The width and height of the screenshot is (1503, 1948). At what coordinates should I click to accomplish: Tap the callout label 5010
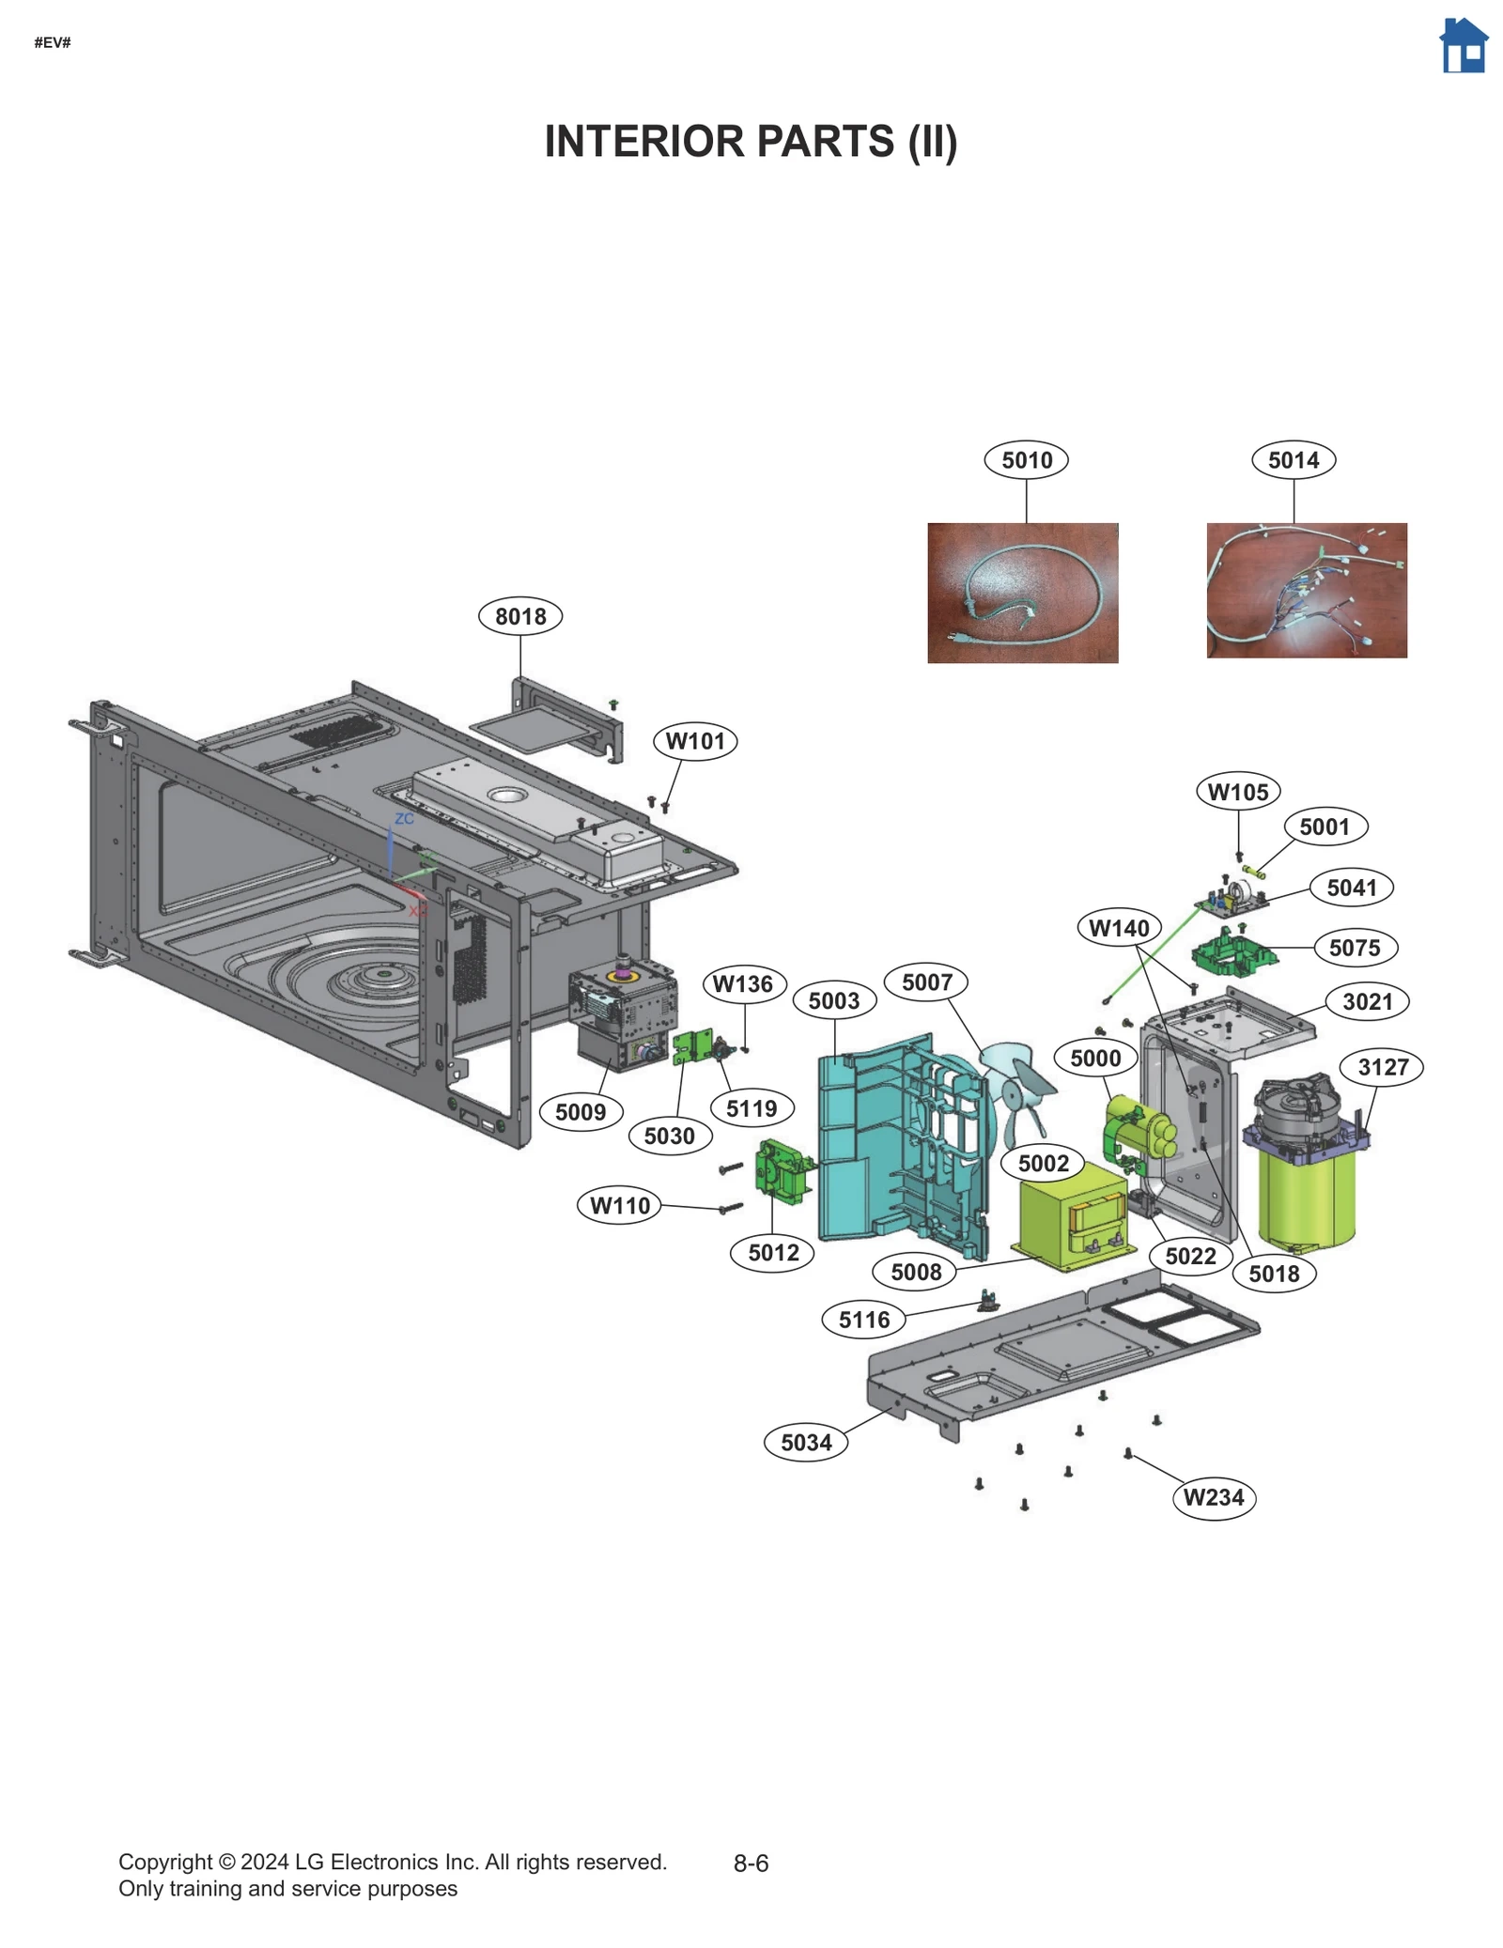pos(1026,460)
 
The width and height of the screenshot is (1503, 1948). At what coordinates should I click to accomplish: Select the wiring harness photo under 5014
pos(1306,590)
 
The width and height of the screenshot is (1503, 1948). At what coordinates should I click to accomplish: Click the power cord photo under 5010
pos(1022,593)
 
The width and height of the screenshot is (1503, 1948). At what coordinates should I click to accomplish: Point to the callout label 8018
pos(520,616)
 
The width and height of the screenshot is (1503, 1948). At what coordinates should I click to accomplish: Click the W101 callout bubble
pos(695,741)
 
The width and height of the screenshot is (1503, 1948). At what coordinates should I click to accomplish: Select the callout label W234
pos(1214,1497)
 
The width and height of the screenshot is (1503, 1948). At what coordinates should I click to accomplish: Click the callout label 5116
pos(863,1320)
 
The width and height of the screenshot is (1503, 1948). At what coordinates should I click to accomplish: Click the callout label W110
pos(619,1205)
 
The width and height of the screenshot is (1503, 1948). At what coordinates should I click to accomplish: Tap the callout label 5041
pos(1351,888)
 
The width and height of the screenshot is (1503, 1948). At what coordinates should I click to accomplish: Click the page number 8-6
pos(751,1863)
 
